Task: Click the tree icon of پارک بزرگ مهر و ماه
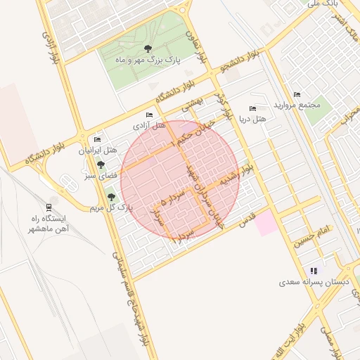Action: click(147, 49)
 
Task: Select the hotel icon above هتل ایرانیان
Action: click(97, 139)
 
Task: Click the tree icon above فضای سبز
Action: click(101, 165)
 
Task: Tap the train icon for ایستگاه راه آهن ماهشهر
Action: click(48, 207)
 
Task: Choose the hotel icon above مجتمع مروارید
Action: click(296, 94)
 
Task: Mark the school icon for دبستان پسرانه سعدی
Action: click(314, 271)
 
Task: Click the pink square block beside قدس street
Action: click(265, 224)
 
